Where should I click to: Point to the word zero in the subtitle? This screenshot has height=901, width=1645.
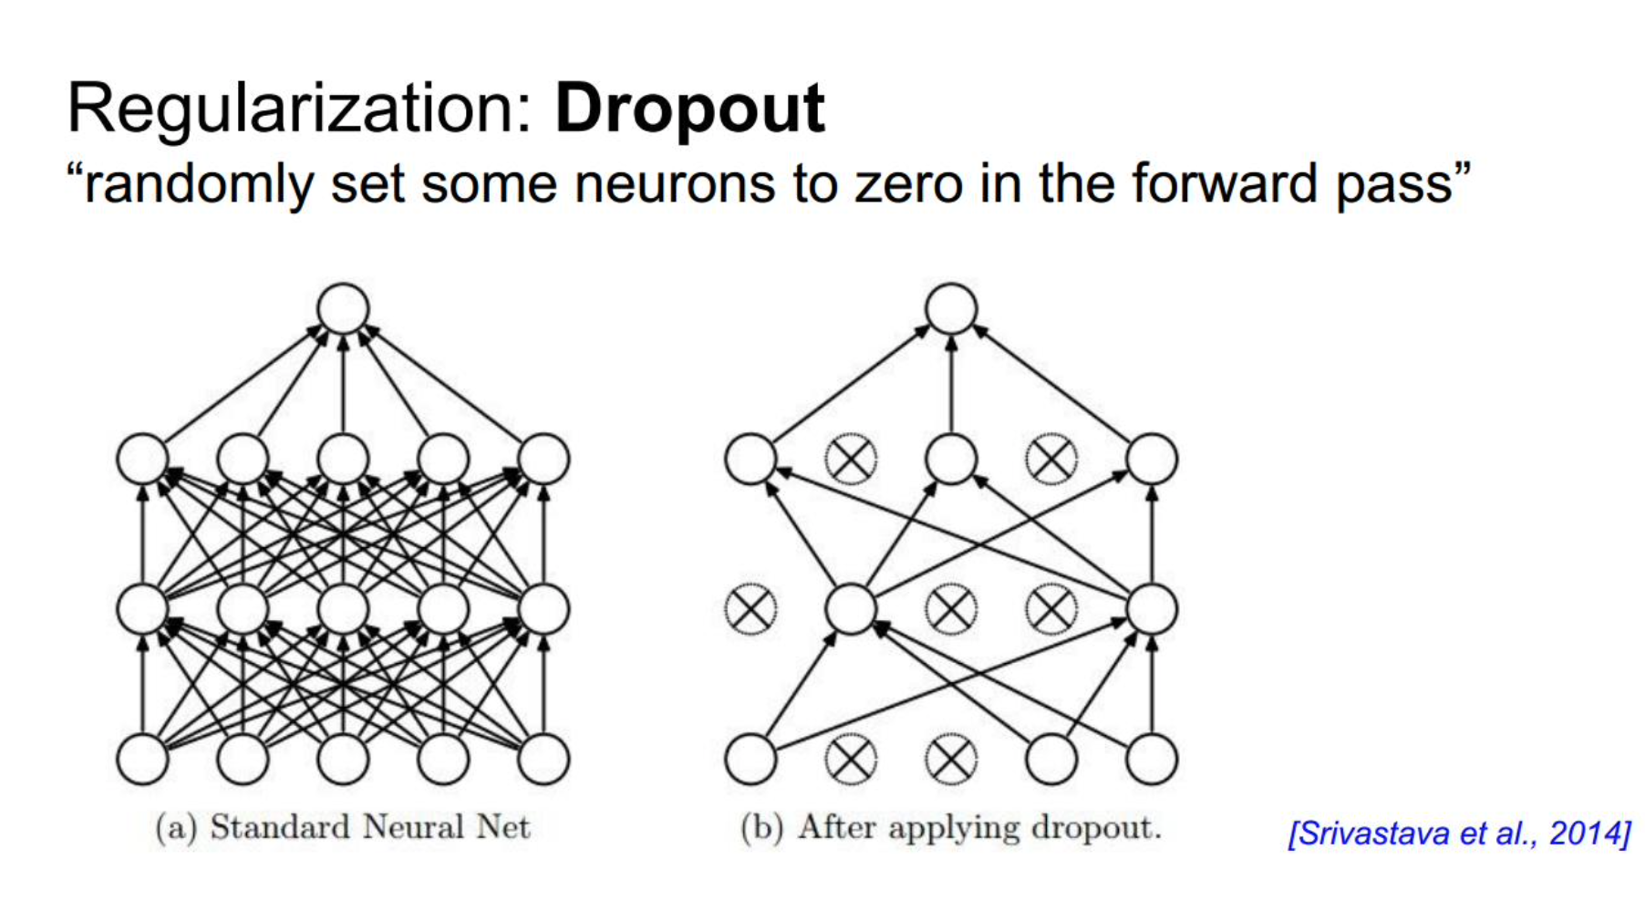(x=907, y=184)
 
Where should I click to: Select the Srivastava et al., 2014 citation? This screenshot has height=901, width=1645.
(x=1459, y=834)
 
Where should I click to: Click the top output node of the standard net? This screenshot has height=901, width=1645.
(x=343, y=308)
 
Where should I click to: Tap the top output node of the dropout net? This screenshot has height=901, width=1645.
(x=951, y=308)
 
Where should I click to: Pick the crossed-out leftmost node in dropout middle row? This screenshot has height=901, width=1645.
(x=750, y=608)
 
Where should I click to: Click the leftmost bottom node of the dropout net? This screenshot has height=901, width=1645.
(x=750, y=759)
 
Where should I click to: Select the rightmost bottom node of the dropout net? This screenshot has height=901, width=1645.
(x=1152, y=759)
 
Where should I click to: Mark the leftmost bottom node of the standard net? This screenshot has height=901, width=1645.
(x=142, y=759)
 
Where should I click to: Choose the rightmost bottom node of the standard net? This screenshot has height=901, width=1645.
(x=543, y=759)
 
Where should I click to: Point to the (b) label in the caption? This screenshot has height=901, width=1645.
(x=761, y=828)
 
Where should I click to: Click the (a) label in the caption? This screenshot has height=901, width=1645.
(x=176, y=828)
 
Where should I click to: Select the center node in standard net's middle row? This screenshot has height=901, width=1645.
(x=343, y=608)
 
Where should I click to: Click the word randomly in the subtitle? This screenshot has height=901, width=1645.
(x=199, y=184)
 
